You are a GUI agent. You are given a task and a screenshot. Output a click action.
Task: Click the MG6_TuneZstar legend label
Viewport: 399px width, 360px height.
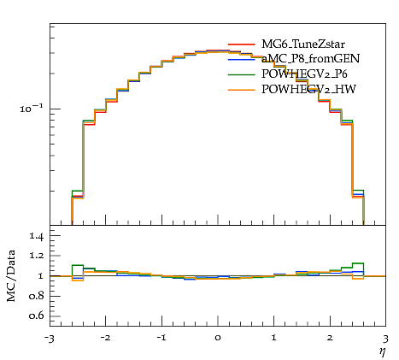[303, 44]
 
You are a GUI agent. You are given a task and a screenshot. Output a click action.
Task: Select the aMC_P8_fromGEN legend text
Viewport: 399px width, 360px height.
[310, 58]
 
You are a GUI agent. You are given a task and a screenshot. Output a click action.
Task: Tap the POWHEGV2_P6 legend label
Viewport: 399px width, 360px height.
[304, 74]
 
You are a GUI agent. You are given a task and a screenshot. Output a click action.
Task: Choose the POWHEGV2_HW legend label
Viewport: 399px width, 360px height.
[308, 90]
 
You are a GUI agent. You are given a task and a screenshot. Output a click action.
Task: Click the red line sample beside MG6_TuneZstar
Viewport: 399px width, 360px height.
[241, 44]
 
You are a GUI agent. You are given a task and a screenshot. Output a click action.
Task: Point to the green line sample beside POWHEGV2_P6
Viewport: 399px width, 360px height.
[241, 74]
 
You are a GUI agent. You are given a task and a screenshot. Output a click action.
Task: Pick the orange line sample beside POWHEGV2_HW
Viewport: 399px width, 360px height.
[241, 90]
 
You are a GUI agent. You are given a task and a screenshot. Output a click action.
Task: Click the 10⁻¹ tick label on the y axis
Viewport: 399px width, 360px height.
[32, 109]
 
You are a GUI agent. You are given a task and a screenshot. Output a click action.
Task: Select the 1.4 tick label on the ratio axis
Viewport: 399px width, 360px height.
[37, 236]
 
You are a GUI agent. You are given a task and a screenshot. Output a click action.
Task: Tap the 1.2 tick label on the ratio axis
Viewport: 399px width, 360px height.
[37, 256]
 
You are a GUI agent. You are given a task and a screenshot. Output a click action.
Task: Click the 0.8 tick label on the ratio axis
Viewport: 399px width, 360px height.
[37, 296]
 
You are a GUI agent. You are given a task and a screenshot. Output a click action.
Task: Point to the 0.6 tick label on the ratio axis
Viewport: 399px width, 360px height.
[37, 316]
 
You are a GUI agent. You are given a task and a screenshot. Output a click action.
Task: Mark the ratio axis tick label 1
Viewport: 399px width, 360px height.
[41, 276]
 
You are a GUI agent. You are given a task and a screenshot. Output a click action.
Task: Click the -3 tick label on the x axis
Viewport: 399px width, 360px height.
[50, 339]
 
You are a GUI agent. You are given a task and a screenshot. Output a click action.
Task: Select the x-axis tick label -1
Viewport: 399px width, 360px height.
[161, 338]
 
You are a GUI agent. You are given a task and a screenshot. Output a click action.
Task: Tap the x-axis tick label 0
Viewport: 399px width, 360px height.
[218, 338]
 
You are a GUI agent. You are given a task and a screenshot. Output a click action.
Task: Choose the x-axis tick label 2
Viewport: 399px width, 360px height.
[330, 338]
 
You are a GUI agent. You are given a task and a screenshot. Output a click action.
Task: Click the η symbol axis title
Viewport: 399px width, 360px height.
[382, 352]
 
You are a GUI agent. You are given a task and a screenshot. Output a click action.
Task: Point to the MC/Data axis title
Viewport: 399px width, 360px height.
[11, 275]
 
